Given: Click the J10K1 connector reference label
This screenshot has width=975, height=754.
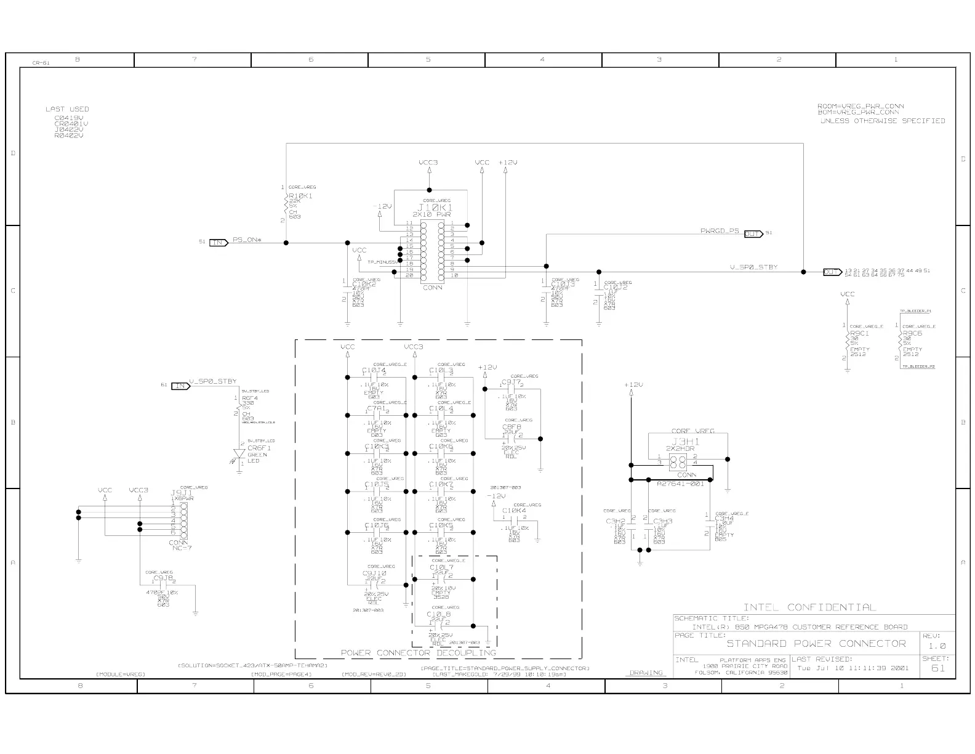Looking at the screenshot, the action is [x=435, y=208].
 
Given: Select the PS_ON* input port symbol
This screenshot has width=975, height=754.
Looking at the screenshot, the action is [x=219, y=242].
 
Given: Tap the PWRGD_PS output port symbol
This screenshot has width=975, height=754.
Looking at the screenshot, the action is [x=753, y=234].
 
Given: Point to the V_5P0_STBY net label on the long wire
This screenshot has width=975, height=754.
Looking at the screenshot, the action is [x=753, y=267].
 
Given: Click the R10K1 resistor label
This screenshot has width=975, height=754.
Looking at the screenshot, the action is [x=300, y=196].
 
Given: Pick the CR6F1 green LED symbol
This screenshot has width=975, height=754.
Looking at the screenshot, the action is [x=239, y=455].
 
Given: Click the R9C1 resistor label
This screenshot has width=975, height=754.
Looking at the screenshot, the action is [x=859, y=333].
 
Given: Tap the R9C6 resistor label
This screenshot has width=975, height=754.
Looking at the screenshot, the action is [x=912, y=333].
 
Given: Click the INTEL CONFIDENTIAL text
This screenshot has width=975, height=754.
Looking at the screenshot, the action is [x=809, y=607].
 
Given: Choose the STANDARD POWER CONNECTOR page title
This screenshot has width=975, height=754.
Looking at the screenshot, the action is [x=816, y=644].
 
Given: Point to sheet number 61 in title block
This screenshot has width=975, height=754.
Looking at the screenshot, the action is [x=937, y=668].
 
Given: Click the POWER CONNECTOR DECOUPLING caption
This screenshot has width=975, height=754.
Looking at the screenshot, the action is [x=419, y=652].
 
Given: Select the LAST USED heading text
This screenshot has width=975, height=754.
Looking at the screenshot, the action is [x=67, y=109].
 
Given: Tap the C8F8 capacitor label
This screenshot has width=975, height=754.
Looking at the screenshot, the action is [x=512, y=426].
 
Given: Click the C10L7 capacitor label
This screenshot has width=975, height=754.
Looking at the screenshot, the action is [x=441, y=567].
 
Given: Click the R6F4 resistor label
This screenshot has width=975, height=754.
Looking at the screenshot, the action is [x=249, y=398].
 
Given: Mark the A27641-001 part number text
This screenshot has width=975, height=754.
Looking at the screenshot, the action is [x=680, y=484].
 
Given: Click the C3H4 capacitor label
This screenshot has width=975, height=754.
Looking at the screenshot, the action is [x=724, y=519].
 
